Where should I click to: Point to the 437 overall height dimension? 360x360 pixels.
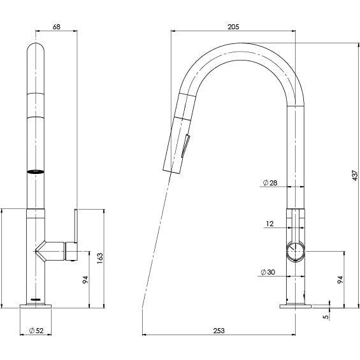[355, 175]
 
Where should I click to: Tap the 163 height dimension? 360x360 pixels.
[100, 257]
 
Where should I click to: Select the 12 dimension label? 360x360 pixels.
[270, 224]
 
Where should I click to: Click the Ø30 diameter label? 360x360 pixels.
[268, 272]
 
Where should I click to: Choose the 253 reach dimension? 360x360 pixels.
[219, 330]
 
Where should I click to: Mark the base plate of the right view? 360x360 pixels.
[294, 307]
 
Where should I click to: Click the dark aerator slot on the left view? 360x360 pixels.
[37, 171]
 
